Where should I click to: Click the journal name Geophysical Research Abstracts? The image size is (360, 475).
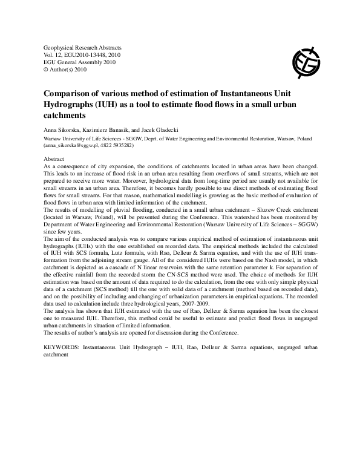tap(83, 47)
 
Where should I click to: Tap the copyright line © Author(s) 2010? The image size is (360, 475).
tap(67, 69)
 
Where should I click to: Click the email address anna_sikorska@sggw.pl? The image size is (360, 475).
tap(73, 146)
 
